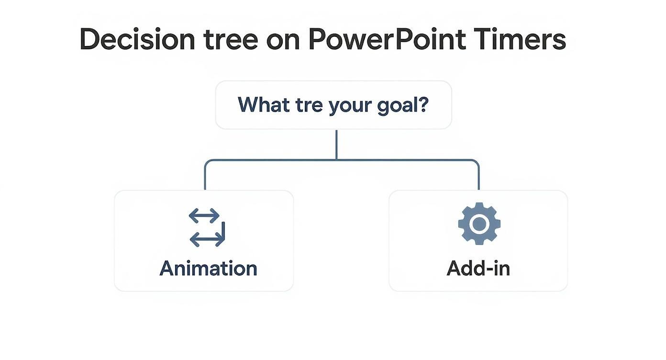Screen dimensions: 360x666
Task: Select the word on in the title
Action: [x=283, y=40]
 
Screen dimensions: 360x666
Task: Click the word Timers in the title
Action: [x=521, y=39]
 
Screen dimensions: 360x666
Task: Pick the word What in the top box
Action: [x=262, y=104]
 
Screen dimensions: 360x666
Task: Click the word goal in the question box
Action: [x=398, y=105]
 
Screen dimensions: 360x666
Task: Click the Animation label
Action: [x=208, y=268]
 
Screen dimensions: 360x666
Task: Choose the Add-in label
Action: [x=478, y=268]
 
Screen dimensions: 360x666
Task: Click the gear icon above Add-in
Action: [x=479, y=224]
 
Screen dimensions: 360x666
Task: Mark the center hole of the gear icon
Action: [x=479, y=224]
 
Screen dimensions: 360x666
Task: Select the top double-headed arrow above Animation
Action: [x=204, y=216]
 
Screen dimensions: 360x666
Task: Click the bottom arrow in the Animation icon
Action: [x=207, y=237]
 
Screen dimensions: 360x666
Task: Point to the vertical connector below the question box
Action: [x=336, y=144]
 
